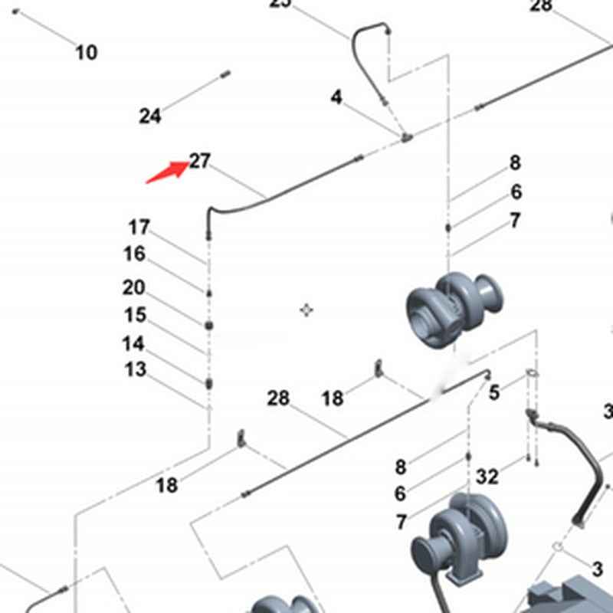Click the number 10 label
click(87, 52)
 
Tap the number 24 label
click(150, 116)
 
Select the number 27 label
click(200, 161)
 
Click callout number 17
click(139, 227)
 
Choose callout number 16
click(134, 254)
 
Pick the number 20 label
click(133, 287)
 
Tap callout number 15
click(135, 315)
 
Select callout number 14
click(133, 344)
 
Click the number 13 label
click(135, 370)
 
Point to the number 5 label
click(494, 393)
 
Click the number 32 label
click(487, 477)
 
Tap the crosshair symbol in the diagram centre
click(306, 310)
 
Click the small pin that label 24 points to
click(225, 74)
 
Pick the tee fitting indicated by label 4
click(405, 137)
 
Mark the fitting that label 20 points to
click(208, 325)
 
